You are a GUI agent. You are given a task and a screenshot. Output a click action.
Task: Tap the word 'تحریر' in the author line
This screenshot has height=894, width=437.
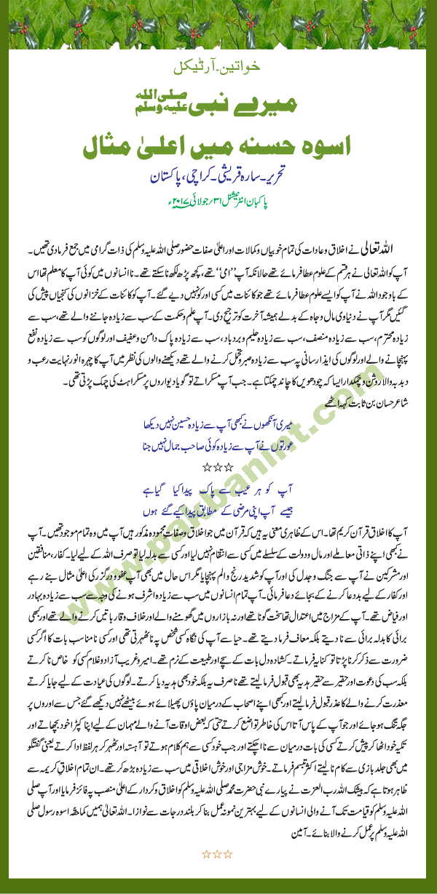click(x=291, y=176)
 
